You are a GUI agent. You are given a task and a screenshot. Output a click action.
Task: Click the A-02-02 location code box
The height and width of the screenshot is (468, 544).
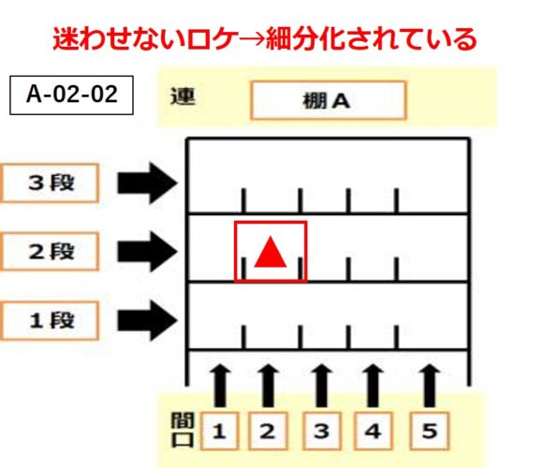(x=71, y=95)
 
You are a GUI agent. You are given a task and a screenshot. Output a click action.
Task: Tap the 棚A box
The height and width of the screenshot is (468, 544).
(x=329, y=100)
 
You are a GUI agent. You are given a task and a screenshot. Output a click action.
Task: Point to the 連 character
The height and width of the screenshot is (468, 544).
(x=183, y=96)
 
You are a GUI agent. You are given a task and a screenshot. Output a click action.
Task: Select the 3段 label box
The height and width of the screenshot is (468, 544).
(x=50, y=183)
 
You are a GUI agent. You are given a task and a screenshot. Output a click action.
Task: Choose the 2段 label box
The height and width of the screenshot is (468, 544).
(x=50, y=252)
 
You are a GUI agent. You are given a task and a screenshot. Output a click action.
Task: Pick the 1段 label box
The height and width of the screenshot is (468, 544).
(x=50, y=320)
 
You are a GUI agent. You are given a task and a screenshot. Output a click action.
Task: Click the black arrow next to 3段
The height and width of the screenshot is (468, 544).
(x=147, y=183)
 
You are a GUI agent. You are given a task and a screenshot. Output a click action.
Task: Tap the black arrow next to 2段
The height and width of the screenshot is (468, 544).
(x=147, y=252)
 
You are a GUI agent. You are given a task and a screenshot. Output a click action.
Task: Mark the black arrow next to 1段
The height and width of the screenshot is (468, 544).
(x=147, y=320)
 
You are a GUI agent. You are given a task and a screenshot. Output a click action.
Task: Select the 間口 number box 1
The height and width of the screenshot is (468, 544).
(x=220, y=431)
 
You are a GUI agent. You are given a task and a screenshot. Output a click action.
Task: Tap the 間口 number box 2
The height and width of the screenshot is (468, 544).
(x=268, y=431)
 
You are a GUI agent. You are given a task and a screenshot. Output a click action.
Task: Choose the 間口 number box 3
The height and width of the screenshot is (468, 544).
(x=321, y=431)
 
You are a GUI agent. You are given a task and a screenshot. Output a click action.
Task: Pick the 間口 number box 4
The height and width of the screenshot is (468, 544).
(x=374, y=431)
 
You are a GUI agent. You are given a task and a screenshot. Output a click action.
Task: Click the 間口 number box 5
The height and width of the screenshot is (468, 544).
(x=430, y=431)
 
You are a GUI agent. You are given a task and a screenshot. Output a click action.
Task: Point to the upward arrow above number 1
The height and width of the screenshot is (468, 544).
(x=220, y=385)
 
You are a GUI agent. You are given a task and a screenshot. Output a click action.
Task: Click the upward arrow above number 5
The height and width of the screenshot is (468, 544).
(x=430, y=385)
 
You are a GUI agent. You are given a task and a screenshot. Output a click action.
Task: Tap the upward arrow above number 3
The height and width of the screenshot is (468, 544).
(x=321, y=385)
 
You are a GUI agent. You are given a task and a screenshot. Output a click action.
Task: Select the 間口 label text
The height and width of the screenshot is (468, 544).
(x=183, y=431)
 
